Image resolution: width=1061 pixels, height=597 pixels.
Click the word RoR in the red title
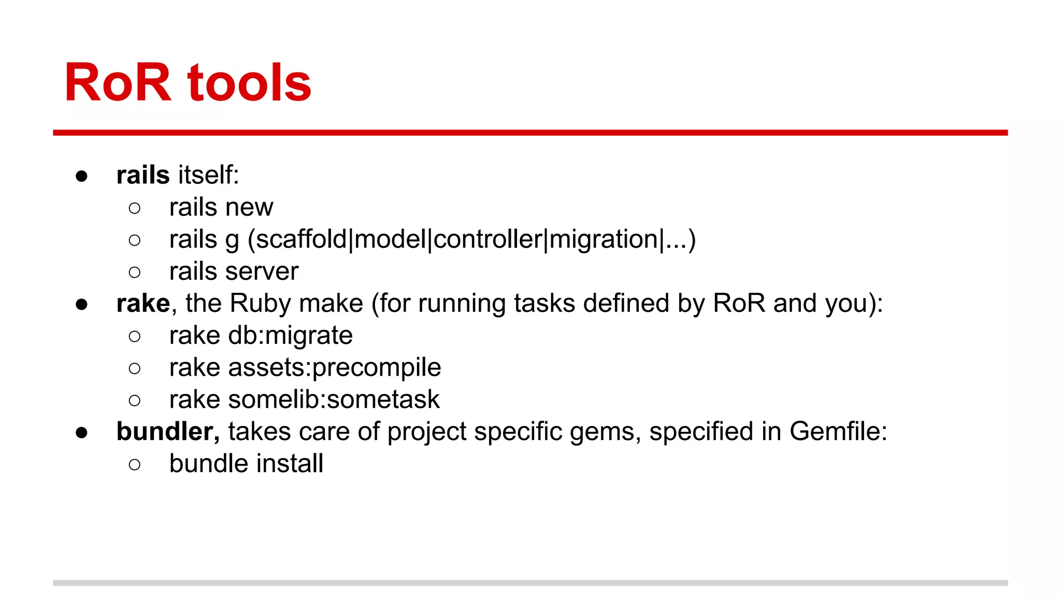click(x=118, y=83)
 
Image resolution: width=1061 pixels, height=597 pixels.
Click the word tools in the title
click(x=250, y=83)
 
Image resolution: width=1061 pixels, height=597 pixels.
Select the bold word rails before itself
click(x=143, y=175)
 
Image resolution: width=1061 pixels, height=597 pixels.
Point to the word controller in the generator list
click(x=488, y=239)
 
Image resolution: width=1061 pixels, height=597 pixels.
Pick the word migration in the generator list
click(x=603, y=239)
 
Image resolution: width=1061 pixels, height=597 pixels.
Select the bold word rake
click(x=143, y=304)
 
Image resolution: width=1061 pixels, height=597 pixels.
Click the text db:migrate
click(x=290, y=336)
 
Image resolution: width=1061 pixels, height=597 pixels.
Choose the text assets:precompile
click(x=334, y=368)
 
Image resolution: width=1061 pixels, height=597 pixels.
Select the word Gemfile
click(x=838, y=432)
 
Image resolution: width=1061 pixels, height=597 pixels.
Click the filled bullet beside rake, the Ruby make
click(x=81, y=304)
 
